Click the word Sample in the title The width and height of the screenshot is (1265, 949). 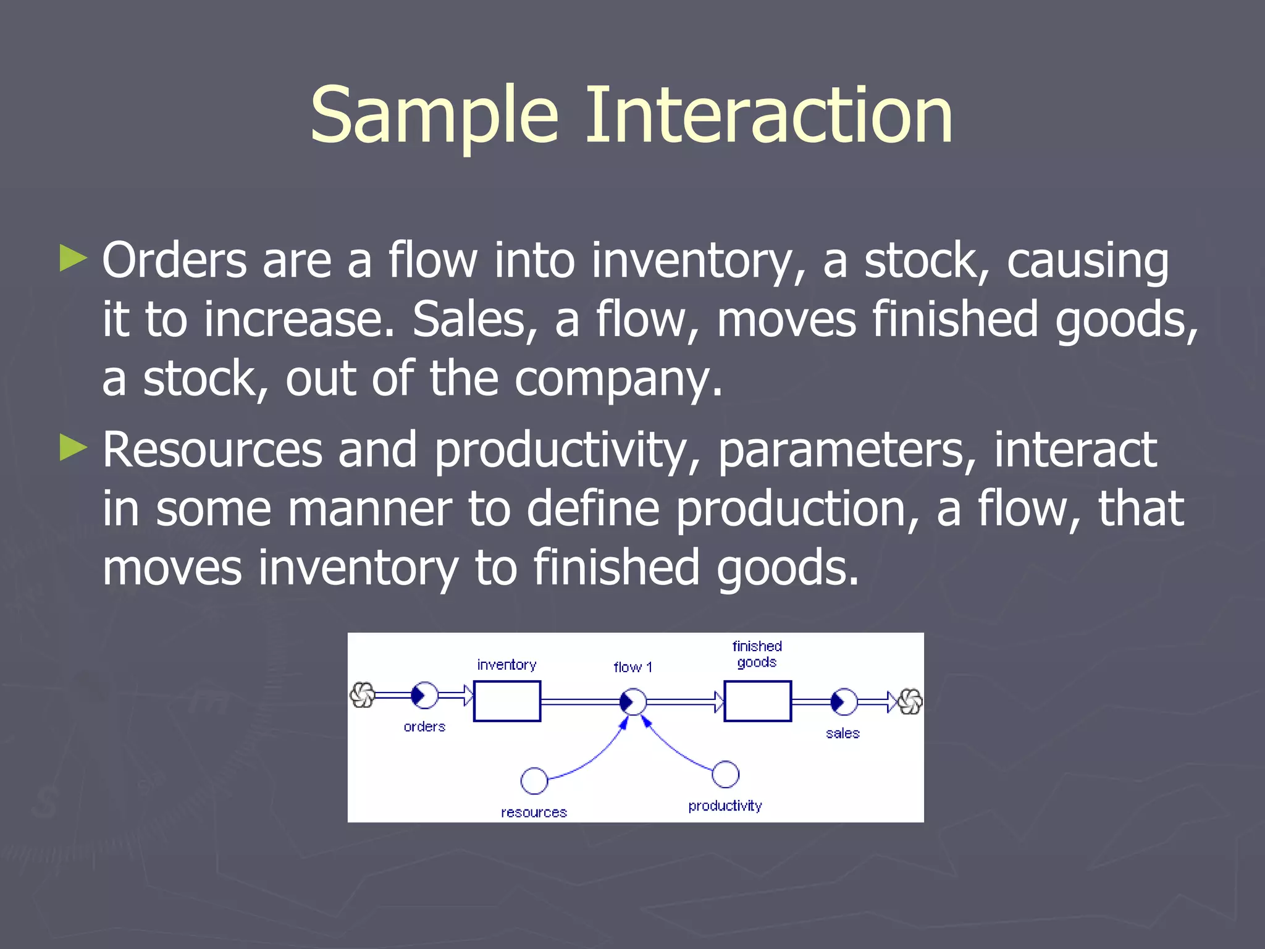[x=434, y=116]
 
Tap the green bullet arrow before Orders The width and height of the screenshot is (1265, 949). [x=74, y=258]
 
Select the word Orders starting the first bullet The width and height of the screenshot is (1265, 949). [x=174, y=261]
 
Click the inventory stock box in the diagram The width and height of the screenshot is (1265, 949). [x=507, y=701]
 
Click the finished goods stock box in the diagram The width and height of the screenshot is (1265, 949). [x=757, y=701]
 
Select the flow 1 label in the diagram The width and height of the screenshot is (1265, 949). [x=632, y=667]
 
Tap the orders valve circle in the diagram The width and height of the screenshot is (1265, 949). [x=425, y=696]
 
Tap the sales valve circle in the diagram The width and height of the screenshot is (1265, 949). [x=844, y=702]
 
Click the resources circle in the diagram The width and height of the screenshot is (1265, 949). [x=534, y=781]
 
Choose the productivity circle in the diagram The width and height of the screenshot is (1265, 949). [x=725, y=774]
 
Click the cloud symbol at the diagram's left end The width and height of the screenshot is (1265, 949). [x=363, y=695]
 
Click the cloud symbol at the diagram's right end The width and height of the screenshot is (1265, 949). [x=910, y=702]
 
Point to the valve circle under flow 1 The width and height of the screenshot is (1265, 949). [x=633, y=702]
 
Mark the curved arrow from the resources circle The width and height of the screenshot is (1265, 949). [x=593, y=760]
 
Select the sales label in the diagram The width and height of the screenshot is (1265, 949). [x=843, y=733]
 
